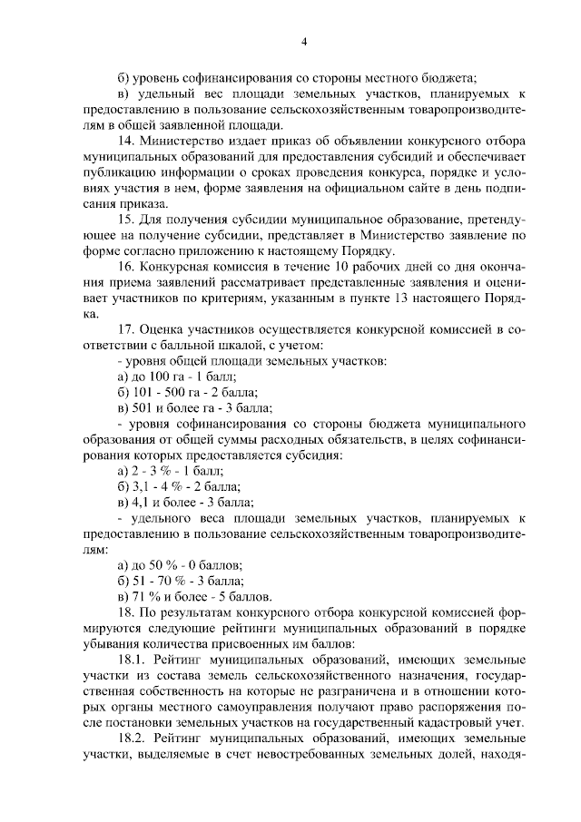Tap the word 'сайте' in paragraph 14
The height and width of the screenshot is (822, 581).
tap(385, 190)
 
